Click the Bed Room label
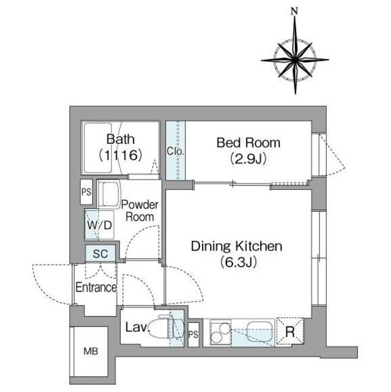point(248,143)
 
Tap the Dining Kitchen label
point(236,246)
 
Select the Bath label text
point(121,139)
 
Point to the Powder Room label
point(140,211)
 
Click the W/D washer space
point(99,225)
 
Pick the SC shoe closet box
point(100,254)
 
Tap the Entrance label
point(96,287)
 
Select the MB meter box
point(91,351)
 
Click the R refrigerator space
point(289,331)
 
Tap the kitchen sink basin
point(260,331)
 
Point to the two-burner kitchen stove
point(220,333)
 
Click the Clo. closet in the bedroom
point(176,150)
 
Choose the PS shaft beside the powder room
point(86,192)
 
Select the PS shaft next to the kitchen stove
point(193,334)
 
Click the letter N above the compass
point(295,11)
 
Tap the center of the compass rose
point(295,60)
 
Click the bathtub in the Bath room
point(98,148)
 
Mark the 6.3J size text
point(239,263)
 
